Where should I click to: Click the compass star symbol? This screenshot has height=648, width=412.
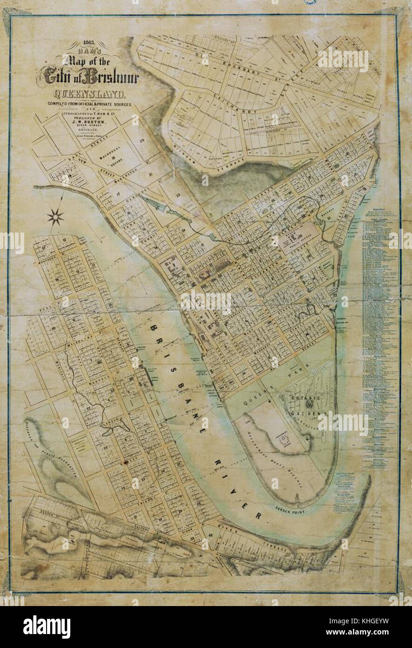(x=55, y=217)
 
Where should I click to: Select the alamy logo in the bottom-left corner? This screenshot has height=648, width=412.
(x=47, y=626)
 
